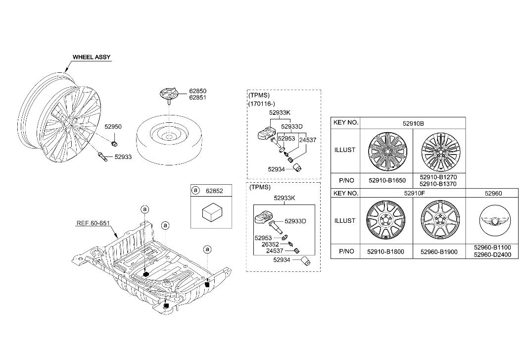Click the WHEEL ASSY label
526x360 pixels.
pos(92,57)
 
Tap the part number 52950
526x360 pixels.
pos(113,127)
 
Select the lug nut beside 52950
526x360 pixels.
pos(114,144)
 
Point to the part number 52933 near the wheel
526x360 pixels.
pos(123,157)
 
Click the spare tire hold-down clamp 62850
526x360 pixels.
pos(168,95)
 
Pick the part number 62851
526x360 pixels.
pos(197,98)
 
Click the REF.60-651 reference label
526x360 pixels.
pos(93,223)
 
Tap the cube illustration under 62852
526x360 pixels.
pos(212,212)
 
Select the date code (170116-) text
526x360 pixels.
pos(262,104)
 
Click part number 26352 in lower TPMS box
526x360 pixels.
pos(270,245)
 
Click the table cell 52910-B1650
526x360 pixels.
pos(387,180)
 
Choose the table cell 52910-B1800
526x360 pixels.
pos(385,252)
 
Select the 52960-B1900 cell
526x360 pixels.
pos(439,252)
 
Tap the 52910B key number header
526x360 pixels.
pos(413,124)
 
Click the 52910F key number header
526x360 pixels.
pos(415,193)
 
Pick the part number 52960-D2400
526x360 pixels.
pos(492,255)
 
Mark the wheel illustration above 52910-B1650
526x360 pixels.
pos(387,151)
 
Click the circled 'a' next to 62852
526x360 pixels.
pos(195,191)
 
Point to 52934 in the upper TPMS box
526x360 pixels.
pos(277,169)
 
